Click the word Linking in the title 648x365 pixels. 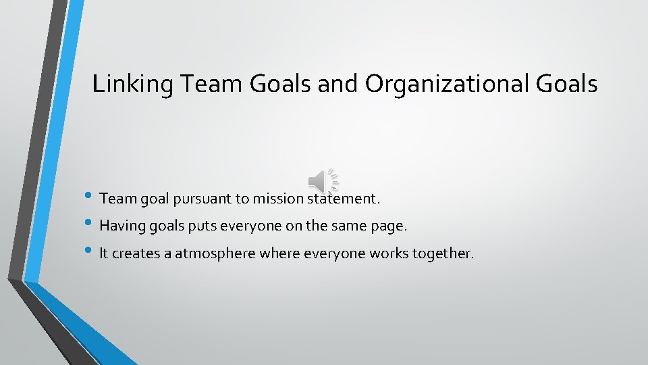(124, 84)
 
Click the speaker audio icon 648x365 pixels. (323, 180)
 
